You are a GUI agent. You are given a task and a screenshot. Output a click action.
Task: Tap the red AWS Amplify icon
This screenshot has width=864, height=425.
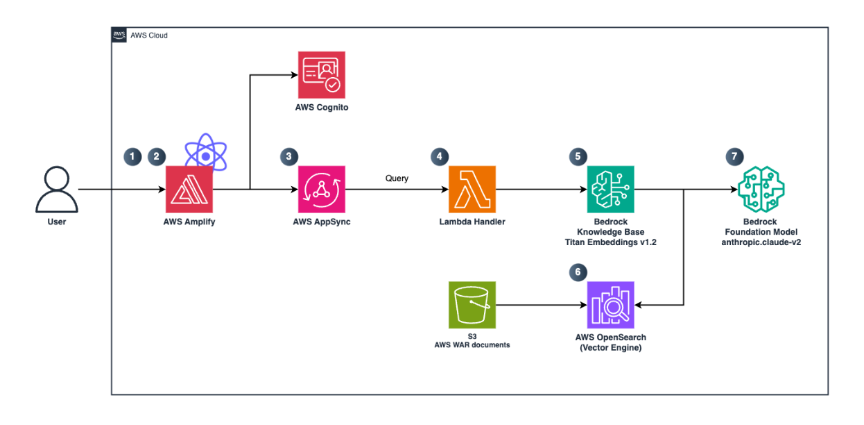click(x=189, y=189)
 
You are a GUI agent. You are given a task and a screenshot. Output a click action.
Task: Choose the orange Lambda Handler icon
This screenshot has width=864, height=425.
click(x=472, y=189)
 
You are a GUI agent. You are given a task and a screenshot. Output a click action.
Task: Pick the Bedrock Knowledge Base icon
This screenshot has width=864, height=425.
click(x=610, y=189)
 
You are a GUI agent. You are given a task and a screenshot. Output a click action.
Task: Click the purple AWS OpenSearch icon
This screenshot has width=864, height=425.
click(x=610, y=304)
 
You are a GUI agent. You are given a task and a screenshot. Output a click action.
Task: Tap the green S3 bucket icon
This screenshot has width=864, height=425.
click(x=472, y=304)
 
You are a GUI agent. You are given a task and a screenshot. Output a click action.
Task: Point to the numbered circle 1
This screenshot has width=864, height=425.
click(x=131, y=156)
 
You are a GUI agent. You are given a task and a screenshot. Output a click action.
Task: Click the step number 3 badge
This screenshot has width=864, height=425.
click(x=288, y=156)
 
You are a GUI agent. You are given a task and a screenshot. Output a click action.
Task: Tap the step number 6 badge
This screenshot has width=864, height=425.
click(x=577, y=272)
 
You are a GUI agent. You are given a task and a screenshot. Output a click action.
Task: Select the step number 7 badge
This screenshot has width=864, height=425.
click(x=733, y=156)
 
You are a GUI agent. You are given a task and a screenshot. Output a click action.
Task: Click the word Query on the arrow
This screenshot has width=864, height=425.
click(x=397, y=178)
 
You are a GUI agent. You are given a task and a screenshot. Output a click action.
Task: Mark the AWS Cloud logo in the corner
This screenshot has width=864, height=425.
click(x=119, y=35)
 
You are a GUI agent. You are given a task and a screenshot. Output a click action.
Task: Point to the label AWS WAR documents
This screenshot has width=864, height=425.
click(x=472, y=344)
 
